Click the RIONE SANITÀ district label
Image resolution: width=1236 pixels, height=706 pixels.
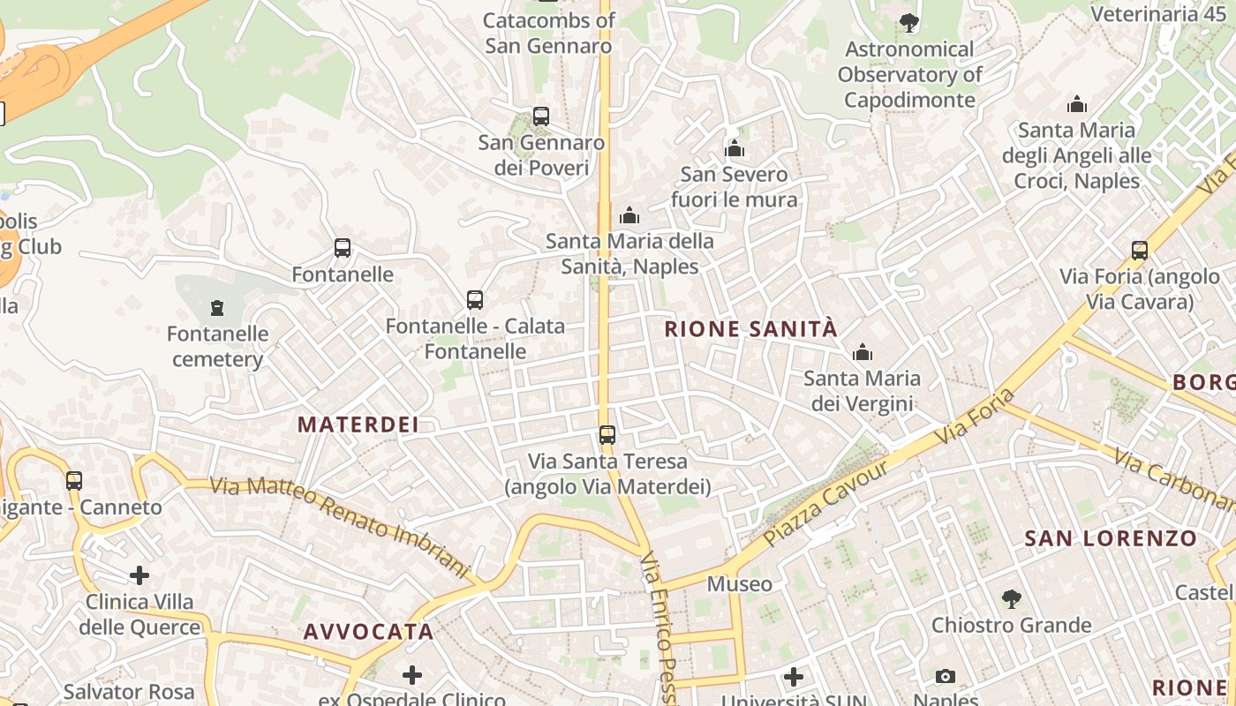pyautogui.click(x=750, y=330)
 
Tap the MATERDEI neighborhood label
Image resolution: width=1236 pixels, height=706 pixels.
pyautogui.click(x=358, y=424)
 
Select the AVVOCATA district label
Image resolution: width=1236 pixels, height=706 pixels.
pyautogui.click(x=368, y=632)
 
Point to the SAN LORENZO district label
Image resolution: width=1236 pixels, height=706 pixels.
pyautogui.click(x=1111, y=538)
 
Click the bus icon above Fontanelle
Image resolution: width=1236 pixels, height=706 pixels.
pyautogui.click(x=343, y=248)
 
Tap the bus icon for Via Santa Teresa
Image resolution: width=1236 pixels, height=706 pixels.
pyautogui.click(x=607, y=434)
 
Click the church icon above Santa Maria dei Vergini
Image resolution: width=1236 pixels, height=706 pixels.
pyautogui.click(x=863, y=353)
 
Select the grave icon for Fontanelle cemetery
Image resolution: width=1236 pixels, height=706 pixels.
pyautogui.click(x=217, y=307)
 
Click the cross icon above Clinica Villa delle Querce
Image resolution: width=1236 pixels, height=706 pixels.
pyautogui.click(x=139, y=575)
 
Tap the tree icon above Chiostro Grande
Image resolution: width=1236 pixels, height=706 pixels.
pyautogui.click(x=1012, y=599)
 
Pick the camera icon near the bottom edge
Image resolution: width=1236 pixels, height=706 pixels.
pyautogui.click(x=946, y=677)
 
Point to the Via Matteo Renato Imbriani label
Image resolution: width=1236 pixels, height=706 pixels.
pyautogui.click(x=340, y=527)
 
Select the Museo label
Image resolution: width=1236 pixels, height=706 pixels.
pyautogui.click(x=739, y=584)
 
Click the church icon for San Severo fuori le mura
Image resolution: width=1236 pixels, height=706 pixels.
pyautogui.click(x=735, y=148)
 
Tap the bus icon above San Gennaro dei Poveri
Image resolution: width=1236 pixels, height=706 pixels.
pyautogui.click(x=540, y=116)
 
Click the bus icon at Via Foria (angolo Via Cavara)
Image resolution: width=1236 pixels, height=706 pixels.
pyautogui.click(x=1140, y=250)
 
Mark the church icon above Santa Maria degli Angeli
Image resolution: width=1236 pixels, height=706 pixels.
pyautogui.click(x=1077, y=104)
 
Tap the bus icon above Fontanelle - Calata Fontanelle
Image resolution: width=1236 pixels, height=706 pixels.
pyautogui.click(x=475, y=299)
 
